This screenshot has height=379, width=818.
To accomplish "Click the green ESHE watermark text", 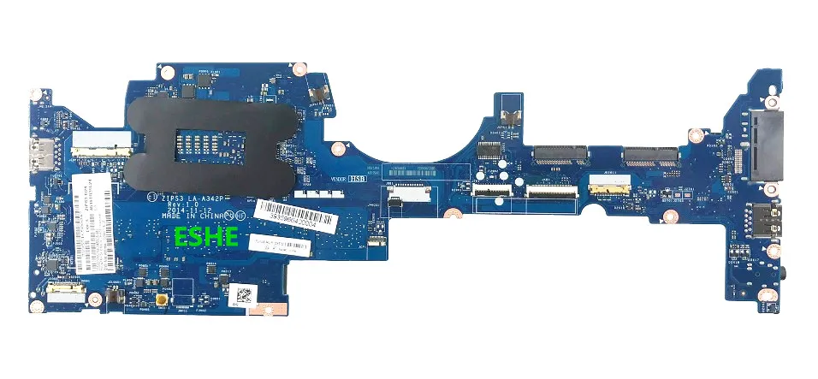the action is (207, 237).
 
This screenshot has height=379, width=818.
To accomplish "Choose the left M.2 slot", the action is (561, 155).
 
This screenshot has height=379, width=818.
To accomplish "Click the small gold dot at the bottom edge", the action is (160, 299).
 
